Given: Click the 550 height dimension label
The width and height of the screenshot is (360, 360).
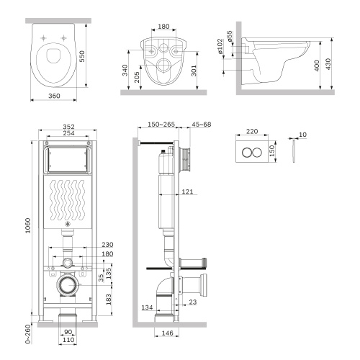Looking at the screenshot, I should click(90, 55).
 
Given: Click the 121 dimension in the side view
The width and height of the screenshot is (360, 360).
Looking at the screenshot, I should click(186, 192).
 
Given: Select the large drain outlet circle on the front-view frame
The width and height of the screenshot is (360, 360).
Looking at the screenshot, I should click(66, 287).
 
